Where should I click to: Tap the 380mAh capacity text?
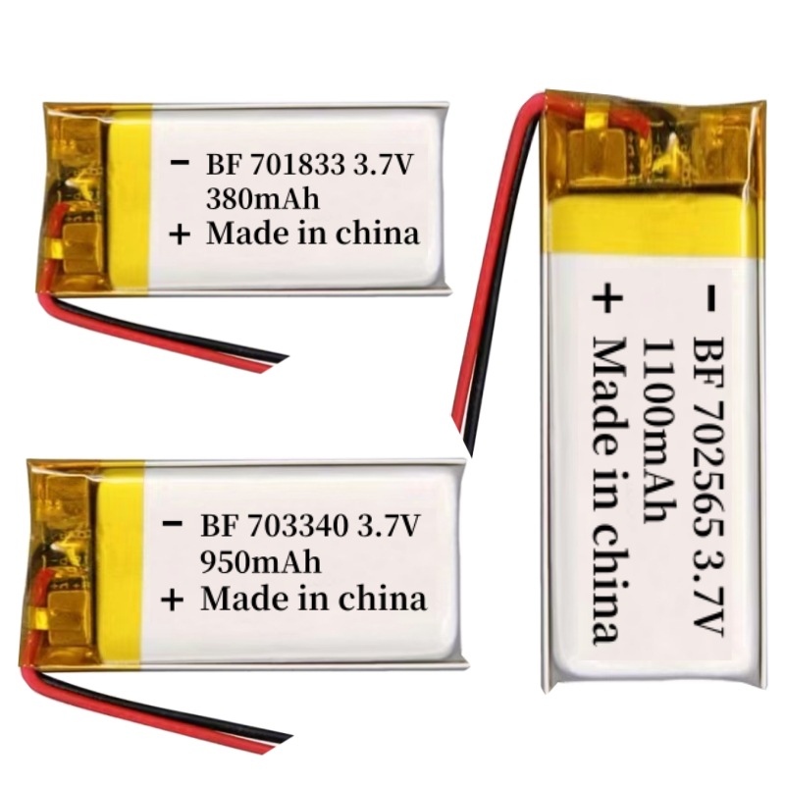pyautogui.click(x=262, y=199)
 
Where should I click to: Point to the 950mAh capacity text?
pyautogui.click(x=260, y=562)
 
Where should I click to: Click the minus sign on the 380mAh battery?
pyautogui.click(x=180, y=163)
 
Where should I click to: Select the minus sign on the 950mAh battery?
pyautogui.click(x=173, y=524)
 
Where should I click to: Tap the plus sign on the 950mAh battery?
pyautogui.click(x=173, y=600)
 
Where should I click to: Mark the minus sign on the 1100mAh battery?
pyautogui.click(x=711, y=297)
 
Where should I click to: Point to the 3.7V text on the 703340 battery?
pyautogui.click(x=387, y=526)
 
